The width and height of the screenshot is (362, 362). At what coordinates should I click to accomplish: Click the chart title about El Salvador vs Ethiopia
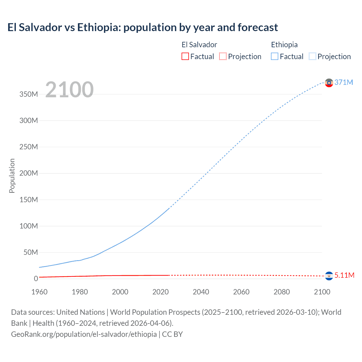[x=143, y=27]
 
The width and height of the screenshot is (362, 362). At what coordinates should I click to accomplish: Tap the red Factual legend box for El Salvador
[x=185, y=56]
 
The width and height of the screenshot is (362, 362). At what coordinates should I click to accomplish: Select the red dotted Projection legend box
[x=223, y=56]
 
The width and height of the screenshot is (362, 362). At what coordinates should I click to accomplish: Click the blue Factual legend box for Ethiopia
[x=275, y=56]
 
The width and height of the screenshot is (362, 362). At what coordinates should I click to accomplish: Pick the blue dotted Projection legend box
[x=312, y=56]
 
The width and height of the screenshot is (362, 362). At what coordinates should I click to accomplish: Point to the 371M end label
[x=344, y=82]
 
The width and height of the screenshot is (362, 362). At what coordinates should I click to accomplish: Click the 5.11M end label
[x=344, y=275]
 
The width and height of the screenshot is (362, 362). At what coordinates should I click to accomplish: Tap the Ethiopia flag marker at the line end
[x=329, y=83]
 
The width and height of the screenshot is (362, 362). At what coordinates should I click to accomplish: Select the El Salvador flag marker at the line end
[x=329, y=276]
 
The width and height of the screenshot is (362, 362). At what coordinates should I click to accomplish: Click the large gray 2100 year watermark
[x=69, y=90]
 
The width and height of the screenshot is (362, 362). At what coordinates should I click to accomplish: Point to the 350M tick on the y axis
[x=29, y=94]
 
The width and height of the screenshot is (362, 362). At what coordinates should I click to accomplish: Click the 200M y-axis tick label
[x=29, y=173]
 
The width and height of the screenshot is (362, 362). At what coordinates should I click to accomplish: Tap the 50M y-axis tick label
[x=31, y=252]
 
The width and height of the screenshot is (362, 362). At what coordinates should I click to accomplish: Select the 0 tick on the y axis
[x=36, y=279]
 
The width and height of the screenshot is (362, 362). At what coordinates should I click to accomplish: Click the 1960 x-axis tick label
[x=39, y=292]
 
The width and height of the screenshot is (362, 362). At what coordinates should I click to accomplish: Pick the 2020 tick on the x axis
[x=160, y=292]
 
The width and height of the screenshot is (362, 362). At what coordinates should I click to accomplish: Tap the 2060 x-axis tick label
[x=241, y=292]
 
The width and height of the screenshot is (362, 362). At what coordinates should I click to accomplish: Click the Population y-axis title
[x=12, y=176]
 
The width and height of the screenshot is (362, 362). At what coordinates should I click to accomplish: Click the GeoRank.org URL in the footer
[x=84, y=334]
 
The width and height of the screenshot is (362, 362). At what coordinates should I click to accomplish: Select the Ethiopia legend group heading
[x=284, y=45]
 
